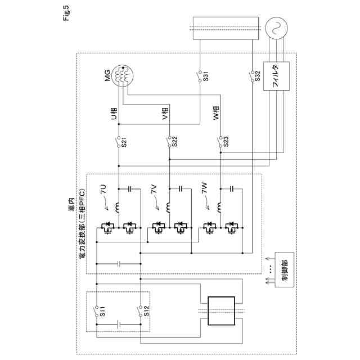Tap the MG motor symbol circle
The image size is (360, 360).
point(123,75)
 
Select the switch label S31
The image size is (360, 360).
point(206,77)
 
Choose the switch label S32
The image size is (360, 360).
point(257,77)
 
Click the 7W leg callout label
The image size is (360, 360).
point(205,190)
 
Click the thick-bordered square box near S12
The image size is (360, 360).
point(221,311)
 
